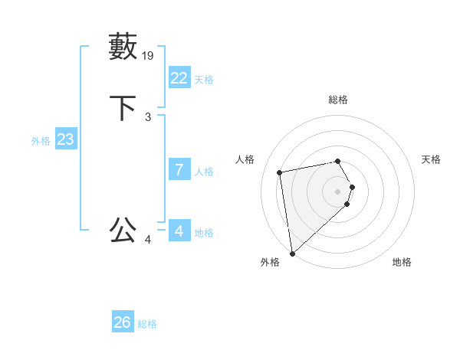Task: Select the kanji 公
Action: (x=123, y=230)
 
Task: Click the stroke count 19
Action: (x=149, y=55)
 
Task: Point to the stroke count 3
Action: (x=148, y=117)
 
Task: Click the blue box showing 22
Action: (x=179, y=78)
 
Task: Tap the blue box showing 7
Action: (x=179, y=170)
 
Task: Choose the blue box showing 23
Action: (x=65, y=139)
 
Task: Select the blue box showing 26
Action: (x=123, y=322)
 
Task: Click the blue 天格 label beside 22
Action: (x=204, y=80)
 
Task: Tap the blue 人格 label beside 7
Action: (x=204, y=172)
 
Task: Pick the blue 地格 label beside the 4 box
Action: (x=204, y=233)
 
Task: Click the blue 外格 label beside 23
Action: (x=41, y=141)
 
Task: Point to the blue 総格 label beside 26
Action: (x=147, y=324)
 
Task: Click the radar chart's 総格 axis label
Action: (x=338, y=100)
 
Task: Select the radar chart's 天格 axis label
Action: (x=432, y=159)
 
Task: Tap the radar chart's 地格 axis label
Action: (x=402, y=262)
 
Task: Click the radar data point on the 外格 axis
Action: (x=292, y=253)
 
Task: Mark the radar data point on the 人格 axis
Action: (x=281, y=172)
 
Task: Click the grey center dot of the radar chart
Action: (x=338, y=191)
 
